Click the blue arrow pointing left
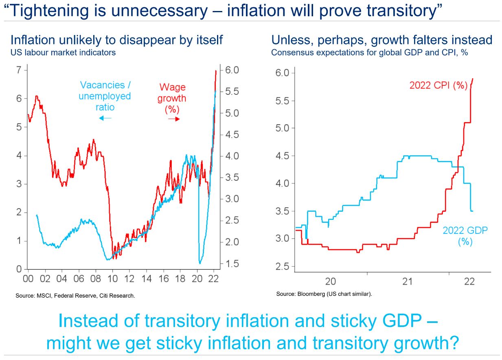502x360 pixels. (105, 118)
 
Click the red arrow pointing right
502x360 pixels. (174, 119)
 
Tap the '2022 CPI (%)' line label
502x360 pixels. (438, 86)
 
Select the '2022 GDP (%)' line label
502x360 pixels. (465, 235)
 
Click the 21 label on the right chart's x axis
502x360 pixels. (407, 281)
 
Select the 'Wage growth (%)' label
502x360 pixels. (172, 98)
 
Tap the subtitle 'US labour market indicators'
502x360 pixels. (63, 53)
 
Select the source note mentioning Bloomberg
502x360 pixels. (324, 294)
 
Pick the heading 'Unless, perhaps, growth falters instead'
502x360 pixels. (382, 40)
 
